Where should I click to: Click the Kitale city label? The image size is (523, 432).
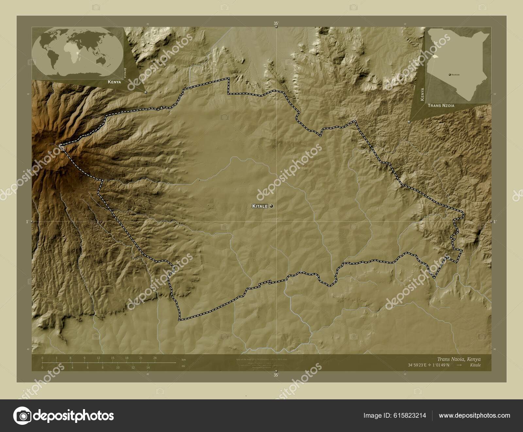click(260, 206)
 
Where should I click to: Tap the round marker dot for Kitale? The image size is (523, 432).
click(271, 206)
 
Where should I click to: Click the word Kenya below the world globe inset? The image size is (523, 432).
click(114, 82)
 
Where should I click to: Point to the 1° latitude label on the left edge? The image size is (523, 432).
click(27, 222)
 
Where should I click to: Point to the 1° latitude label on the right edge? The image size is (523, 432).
click(495, 222)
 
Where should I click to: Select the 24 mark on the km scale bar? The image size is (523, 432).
click(155, 358)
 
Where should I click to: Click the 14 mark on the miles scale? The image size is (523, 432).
click(148, 368)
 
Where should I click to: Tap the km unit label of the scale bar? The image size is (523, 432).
click(184, 360)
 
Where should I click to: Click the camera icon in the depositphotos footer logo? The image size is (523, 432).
click(22, 416)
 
